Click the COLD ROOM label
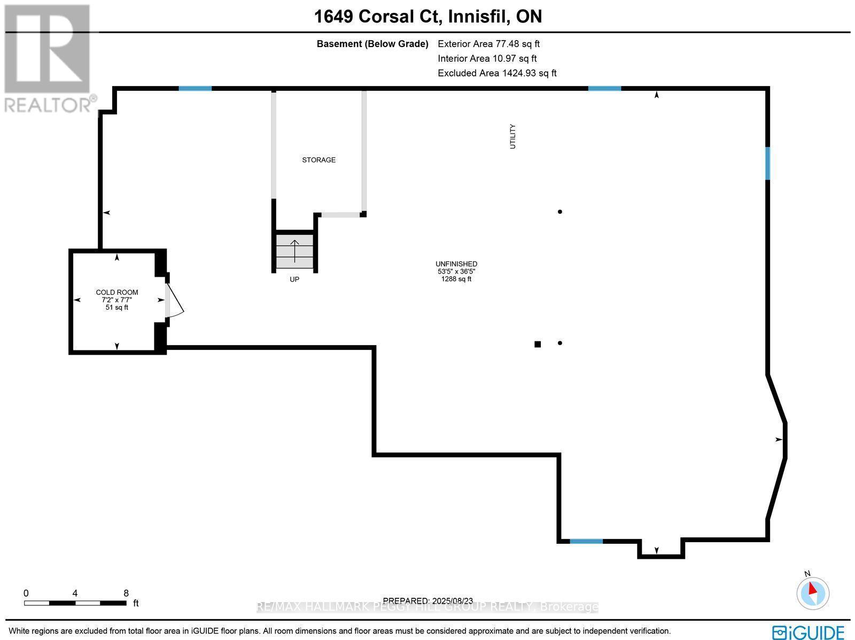tap(116, 292)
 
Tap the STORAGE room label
tap(318, 160)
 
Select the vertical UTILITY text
tap(513, 136)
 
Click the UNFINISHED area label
tap(456, 264)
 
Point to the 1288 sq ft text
tap(456, 279)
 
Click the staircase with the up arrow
tap(294, 251)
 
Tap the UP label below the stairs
tap(294, 279)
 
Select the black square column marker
tap(538, 345)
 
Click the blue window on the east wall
tap(768, 163)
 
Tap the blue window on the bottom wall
tap(586, 541)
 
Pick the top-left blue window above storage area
tap(195, 88)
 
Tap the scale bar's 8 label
tap(126, 593)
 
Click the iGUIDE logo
tap(808, 632)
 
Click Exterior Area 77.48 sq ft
tap(488, 44)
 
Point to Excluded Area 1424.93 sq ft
tap(497, 73)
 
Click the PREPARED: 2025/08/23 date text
tap(427, 601)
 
